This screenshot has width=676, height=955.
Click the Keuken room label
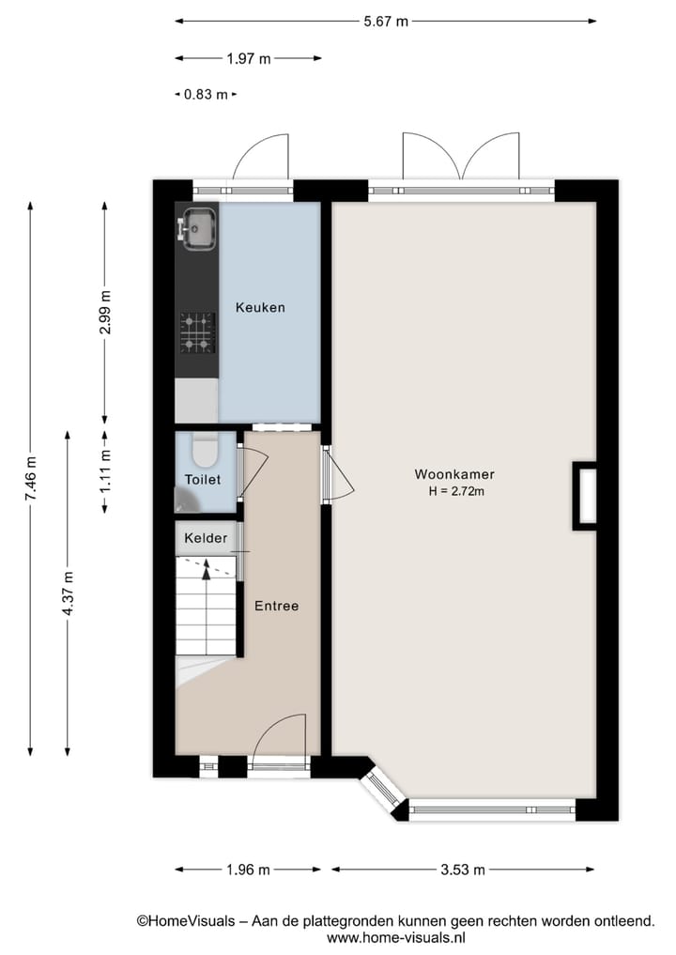click(260, 307)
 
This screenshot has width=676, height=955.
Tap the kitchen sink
click(198, 228)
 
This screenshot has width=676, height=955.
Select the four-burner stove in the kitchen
click(197, 332)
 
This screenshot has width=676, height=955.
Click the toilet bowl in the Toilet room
click(204, 452)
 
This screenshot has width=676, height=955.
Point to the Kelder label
click(205, 538)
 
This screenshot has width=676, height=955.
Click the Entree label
click(276, 606)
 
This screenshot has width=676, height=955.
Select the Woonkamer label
click(454, 474)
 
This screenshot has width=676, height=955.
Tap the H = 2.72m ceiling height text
click(455, 490)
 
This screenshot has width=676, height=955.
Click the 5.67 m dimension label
click(385, 22)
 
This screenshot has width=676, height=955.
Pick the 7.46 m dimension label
click(31, 477)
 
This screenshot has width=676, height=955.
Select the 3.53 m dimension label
click(462, 870)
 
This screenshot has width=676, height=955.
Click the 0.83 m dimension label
click(205, 94)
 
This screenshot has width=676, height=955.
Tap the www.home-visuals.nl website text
click(395, 937)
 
